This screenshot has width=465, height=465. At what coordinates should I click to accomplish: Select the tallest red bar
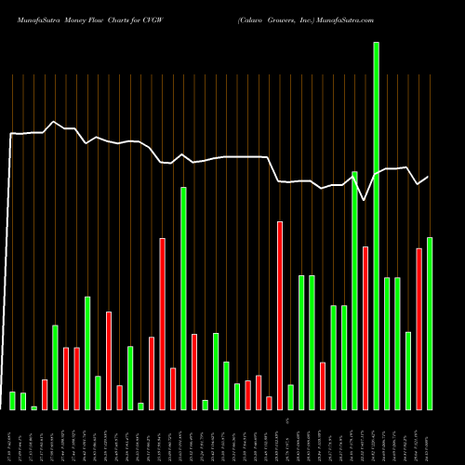pyautogui.click(x=280, y=315)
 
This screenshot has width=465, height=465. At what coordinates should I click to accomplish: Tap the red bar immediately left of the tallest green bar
pyautogui.click(x=365, y=327)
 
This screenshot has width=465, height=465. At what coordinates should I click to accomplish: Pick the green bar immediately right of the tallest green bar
pyautogui.click(x=387, y=343)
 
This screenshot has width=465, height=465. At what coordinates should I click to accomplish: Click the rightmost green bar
pyautogui.click(x=430, y=323)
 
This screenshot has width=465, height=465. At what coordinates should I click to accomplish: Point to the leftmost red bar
pyautogui.click(x=45, y=394)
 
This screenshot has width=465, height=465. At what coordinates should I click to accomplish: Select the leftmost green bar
pyautogui.click(x=13, y=400)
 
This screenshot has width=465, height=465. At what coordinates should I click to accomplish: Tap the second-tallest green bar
pyautogui.click(x=354, y=290)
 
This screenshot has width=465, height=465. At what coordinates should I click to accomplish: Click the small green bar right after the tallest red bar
pyautogui.click(x=290, y=397)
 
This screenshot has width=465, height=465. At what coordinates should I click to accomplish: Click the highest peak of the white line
pyautogui.click(x=55, y=122)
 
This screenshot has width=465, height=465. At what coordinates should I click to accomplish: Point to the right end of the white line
pyautogui.click(x=429, y=177)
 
